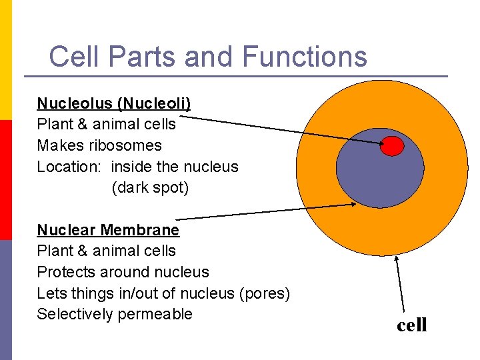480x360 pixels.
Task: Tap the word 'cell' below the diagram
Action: click(411, 325)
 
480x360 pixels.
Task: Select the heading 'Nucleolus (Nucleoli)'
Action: click(114, 103)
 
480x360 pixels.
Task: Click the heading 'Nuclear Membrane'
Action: click(108, 230)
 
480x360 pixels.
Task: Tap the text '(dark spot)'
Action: click(151, 188)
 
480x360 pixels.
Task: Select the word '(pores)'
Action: click(265, 293)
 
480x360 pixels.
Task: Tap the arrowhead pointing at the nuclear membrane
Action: click(353, 205)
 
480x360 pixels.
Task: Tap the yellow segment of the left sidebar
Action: click(5, 60)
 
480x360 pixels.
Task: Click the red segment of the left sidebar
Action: click(5, 180)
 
